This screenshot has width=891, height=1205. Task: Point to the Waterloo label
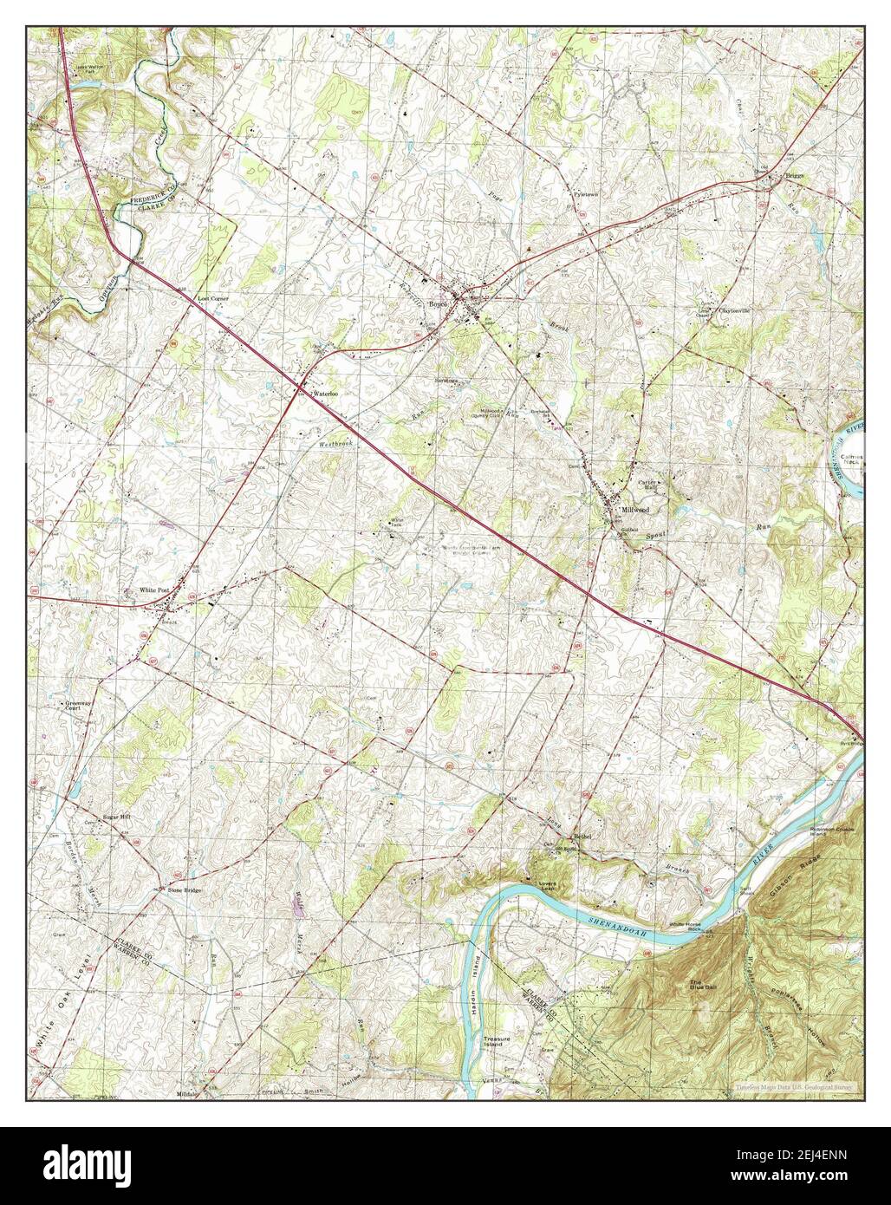[x=324, y=394]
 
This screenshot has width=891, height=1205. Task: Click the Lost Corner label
[x=211, y=298]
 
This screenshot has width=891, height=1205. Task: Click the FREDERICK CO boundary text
[x=155, y=191]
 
